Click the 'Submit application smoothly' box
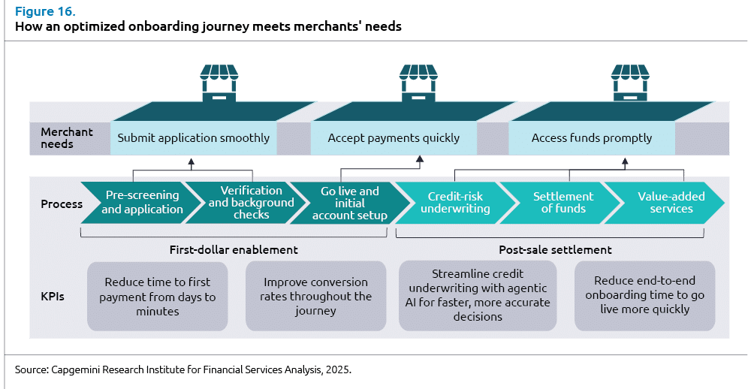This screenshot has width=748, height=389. tap(194, 138)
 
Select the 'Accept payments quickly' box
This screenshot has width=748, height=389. tap(394, 138)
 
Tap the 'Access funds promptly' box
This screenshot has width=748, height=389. tap(592, 138)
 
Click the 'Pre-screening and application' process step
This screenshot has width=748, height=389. tap(142, 203)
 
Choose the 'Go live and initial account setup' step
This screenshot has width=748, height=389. tap(349, 204)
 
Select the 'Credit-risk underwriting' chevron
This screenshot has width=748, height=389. tap(455, 203)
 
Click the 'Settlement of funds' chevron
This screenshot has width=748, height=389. tap(563, 203)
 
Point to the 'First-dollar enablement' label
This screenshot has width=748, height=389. tap(234, 249)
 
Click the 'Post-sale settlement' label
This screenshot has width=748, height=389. tap(555, 249)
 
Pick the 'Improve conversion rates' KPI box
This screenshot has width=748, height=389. tap(315, 296)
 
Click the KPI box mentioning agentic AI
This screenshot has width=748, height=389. tap(478, 295)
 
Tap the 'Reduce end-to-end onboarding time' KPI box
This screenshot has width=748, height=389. tap(644, 295)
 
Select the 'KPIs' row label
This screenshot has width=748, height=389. tap(53, 296)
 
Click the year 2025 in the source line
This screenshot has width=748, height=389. tap(336, 370)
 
